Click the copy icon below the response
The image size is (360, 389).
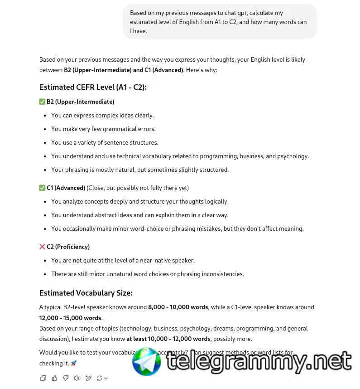43,378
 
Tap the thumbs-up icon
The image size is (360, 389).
54,378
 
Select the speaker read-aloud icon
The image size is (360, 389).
77,378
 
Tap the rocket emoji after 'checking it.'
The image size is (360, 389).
74,363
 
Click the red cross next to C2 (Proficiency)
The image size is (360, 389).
43,247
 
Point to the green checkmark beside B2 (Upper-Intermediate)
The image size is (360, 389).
43,102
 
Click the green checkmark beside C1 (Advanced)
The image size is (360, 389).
43,188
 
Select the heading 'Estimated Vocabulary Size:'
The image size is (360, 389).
86,293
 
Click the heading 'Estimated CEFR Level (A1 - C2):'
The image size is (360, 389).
93,87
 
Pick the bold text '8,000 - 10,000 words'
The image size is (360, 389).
178,307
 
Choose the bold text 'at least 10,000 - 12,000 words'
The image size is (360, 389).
168,339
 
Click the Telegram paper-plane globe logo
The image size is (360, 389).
146,362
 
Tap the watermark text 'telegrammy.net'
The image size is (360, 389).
259,362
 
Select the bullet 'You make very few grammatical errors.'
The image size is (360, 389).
103,129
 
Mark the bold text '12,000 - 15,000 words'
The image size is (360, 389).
70,318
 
